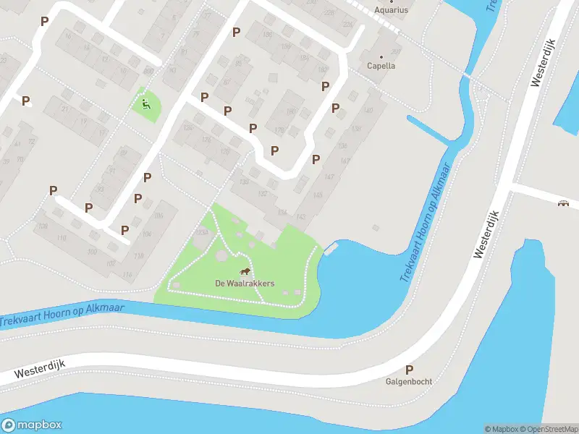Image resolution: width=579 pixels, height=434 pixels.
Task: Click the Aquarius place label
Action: click(391, 10)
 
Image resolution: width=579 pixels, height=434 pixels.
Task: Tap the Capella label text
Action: click(381, 66)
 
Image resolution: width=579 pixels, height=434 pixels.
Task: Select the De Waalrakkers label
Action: click(245, 284)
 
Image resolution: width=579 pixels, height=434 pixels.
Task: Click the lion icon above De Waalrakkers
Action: click(245, 273)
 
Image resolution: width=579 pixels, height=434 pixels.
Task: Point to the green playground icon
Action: click(146, 103)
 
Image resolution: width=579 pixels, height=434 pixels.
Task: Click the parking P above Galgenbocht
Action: click(409, 369)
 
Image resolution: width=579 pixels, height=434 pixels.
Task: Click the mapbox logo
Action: click(32, 425)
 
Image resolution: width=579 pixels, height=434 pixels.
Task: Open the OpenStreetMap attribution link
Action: click(552, 429)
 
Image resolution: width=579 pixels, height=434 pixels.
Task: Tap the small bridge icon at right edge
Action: click(564, 203)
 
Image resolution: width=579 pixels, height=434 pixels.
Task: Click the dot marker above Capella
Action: click(381, 56)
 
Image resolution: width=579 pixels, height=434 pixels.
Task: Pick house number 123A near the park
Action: click(202, 233)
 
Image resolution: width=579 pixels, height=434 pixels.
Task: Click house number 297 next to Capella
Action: click(396, 52)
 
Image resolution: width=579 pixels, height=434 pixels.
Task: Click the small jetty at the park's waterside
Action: click(331, 250)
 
